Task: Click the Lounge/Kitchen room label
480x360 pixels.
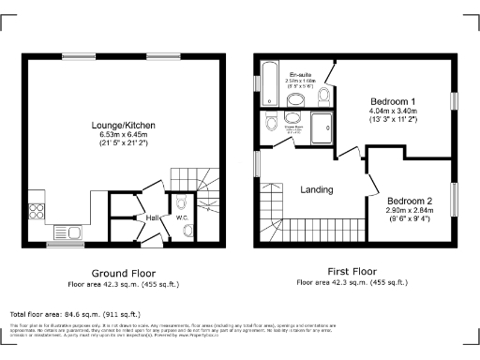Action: [123, 125]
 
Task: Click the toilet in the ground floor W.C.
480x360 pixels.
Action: [182, 203]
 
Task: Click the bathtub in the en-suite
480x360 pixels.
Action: [268, 84]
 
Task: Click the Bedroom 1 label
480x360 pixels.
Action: [392, 101]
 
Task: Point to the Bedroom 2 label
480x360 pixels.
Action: [410, 201]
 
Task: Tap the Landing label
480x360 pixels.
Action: [316, 189]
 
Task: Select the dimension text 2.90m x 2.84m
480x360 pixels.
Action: [410, 211]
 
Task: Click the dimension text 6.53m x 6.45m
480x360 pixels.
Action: [123, 135]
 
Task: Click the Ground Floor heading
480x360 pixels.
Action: [122, 273]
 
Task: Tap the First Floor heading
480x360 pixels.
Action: [353, 271]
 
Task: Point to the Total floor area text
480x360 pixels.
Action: [75, 314]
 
